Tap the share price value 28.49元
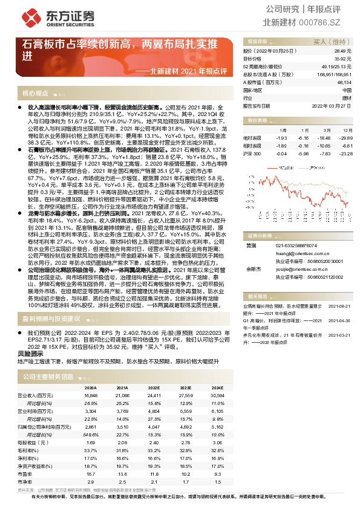coord(343,52)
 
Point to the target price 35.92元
coord(343,59)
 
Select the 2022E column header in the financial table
coord(153,387)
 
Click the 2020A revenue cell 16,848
coord(90,395)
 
